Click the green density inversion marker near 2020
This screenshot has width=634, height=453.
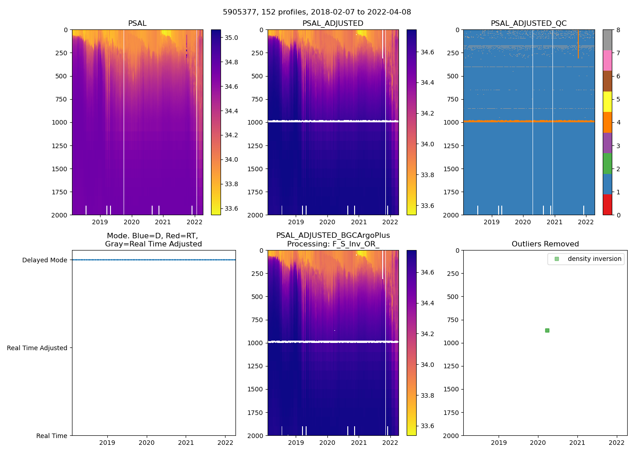click(547, 330)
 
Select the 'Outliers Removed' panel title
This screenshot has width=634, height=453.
click(545, 244)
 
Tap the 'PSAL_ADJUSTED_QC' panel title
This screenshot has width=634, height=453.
click(528, 23)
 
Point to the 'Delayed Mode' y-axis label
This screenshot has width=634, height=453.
click(44, 260)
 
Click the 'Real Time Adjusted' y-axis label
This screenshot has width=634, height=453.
click(37, 348)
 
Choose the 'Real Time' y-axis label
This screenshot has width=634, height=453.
click(52, 436)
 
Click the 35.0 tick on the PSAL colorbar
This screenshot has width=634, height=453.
click(231, 38)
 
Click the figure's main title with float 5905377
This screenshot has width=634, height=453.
click(317, 12)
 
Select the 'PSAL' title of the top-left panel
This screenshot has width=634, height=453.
click(137, 23)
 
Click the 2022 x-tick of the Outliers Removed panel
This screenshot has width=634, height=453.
click(616, 443)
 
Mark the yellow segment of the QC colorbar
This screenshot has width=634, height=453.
click(607, 101)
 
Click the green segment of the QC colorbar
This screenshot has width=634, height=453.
click(607, 163)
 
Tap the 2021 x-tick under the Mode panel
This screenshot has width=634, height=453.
click(186, 443)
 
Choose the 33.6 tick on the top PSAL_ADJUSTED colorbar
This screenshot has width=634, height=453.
click(427, 206)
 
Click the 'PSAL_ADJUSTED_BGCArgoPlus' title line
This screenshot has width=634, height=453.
click(333, 236)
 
